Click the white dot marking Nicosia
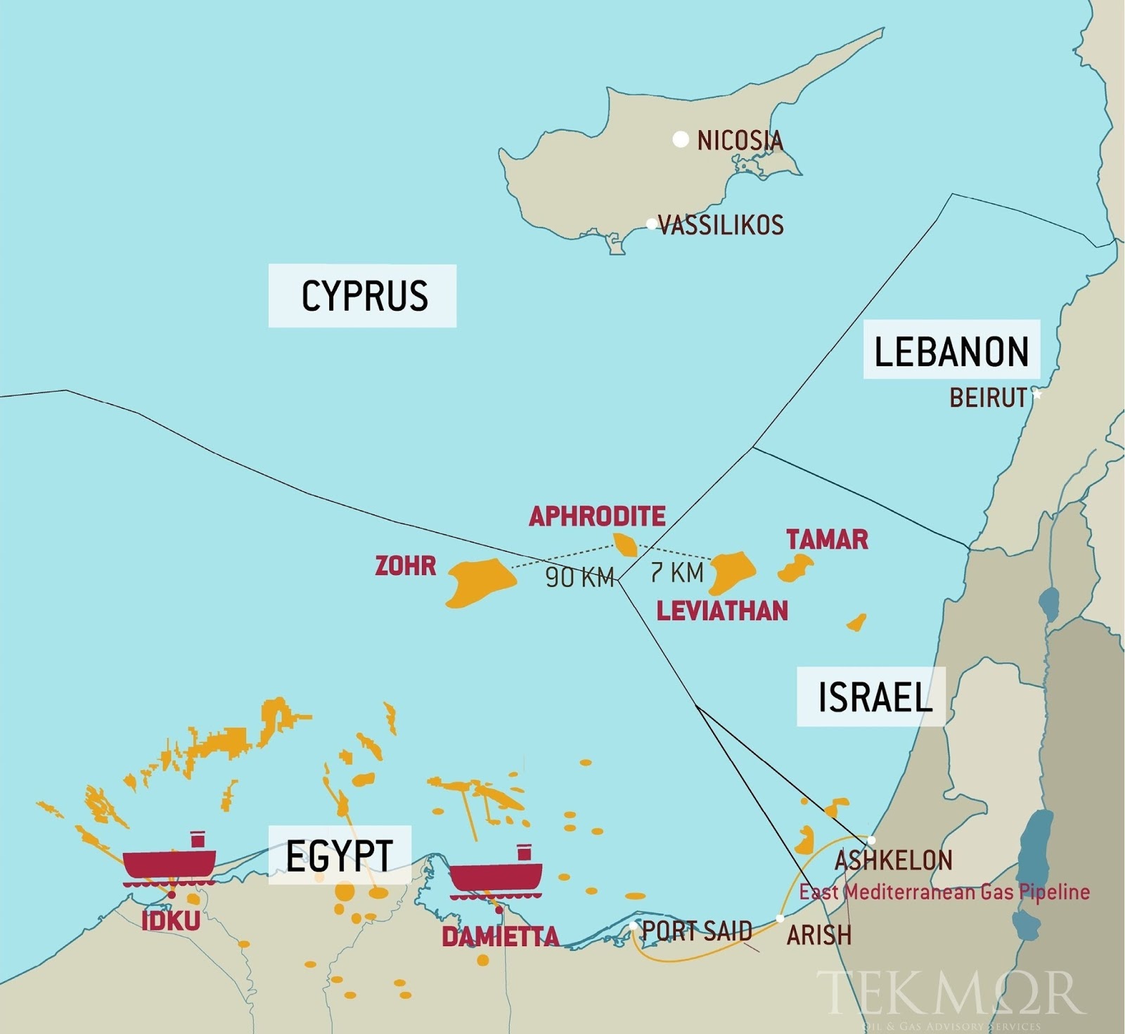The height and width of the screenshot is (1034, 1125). [680, 139]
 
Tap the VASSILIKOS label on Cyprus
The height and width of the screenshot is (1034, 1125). [721, 225]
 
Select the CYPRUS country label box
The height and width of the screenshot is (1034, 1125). [363, 296]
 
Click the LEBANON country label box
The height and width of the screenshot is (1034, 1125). [951, 351]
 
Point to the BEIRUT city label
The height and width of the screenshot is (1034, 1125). [988, 398]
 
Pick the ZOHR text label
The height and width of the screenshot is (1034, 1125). [405, 566]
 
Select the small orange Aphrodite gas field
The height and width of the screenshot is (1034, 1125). [625, 544]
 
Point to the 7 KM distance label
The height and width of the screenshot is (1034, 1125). [676, 573]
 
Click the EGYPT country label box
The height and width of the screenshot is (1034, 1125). [339, 855]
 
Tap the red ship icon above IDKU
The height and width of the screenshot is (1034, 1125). [169, 862]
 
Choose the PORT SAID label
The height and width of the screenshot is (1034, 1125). [697, 931]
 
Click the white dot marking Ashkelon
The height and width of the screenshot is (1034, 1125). [871, 840]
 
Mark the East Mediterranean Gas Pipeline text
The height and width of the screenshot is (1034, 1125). [944, 892]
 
